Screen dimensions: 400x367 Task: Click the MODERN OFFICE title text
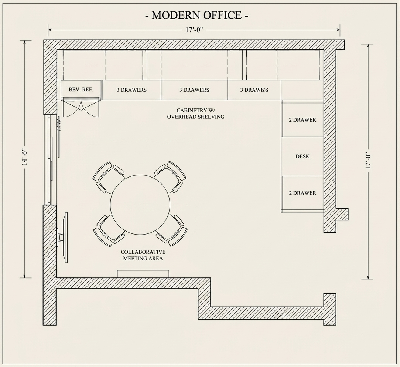[x=197, y=15]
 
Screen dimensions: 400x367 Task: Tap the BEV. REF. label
[x=81, y=90]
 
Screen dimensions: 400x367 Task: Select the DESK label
[x=302, y=156]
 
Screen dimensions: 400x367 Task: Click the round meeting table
[x=140, y=204]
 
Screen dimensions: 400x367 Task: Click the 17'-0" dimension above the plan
[x=194, y=30]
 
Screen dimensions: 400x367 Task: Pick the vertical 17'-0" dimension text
[x=368, y=161]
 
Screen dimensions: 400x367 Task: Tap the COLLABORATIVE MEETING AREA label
[x=143, y=255]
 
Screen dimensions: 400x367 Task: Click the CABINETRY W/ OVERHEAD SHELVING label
[x=196, y=114]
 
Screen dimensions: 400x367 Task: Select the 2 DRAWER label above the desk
[x=302, y=120]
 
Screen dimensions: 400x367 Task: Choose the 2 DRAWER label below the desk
[x=302, y=193]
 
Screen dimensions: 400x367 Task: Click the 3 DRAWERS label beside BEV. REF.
[x=131, y=90]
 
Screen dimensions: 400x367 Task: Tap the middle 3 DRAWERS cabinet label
[x=194, y=90]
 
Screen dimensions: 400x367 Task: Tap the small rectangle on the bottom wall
[x=143, y=274]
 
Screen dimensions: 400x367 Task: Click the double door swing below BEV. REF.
[x=81, y=108]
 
